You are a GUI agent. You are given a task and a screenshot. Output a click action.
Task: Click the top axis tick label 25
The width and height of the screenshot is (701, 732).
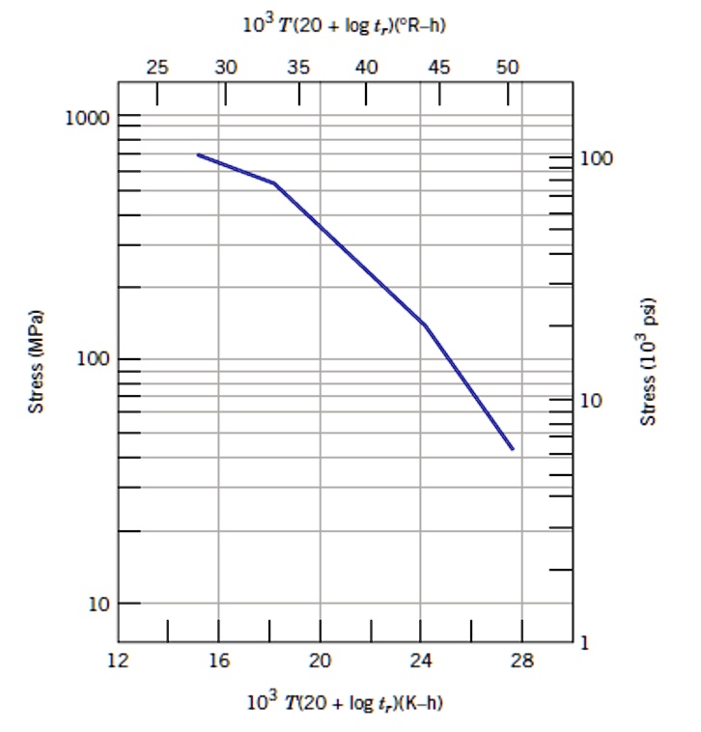pyautogui.click(x=156, y=67)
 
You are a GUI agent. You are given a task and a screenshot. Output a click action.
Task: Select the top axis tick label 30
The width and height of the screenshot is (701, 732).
pyautogui.click(x=225, y=67)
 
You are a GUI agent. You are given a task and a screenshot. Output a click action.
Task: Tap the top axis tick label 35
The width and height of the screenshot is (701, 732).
pyautogui.click(x=298, y=67)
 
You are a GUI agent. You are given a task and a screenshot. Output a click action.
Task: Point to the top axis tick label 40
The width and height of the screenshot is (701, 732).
pyautogui.click(x=366, y=67)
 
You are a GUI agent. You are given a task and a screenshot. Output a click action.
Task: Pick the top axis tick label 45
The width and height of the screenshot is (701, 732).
pyautogui.click(x=438, y=67)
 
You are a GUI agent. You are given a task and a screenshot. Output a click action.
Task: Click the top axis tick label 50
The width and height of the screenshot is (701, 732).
pyautogui.click(x=508, y=67)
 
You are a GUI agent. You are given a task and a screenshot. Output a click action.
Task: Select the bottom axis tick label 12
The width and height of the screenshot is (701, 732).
pyautogui.click(x=118, y=662)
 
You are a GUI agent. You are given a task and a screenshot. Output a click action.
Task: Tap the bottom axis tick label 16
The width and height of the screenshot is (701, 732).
pyautogui.click(x=219, y=662)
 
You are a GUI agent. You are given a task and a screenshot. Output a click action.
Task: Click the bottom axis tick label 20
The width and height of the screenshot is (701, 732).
pyautogui.click(x=320, y=662)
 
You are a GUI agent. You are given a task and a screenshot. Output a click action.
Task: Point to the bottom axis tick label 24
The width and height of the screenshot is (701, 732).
pyautogui.click(x=420, y=662)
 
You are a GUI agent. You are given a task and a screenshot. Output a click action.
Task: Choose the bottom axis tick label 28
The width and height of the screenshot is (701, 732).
pyautogui.click(x=521, y=662)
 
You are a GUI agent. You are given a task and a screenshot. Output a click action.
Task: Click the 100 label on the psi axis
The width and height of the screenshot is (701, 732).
pyautogui.click(x=598, y=158)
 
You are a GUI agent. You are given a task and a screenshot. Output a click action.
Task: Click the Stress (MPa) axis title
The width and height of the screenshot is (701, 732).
pyautogui.click(x=36, y=361)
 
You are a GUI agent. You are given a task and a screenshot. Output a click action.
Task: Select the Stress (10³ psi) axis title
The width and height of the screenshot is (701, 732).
pyautogui.click(x=650, y=359)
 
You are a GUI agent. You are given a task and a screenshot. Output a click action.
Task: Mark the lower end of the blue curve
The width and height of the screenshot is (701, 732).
pyautogui.click(x=513, y=449)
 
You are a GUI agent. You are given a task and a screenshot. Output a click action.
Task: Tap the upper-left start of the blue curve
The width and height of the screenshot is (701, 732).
pyautogui.click(x=198, y=155)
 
